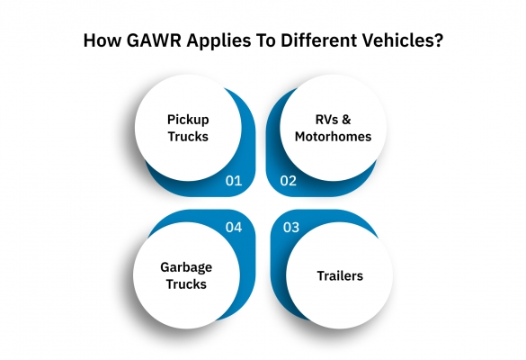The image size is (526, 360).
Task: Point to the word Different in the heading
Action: click(318, 40)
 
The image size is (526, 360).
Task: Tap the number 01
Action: click(234, 181)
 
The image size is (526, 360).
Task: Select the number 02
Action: click(289, 181)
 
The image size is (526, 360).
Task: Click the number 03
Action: click(290, 228)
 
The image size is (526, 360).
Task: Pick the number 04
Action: click(234, 228)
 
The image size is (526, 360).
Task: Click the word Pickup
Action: click(188, 121)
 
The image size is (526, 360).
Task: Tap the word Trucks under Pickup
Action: click(188, 136)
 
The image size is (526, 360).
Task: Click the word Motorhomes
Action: click(333, 136)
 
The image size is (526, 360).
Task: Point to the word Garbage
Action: click(186, 268)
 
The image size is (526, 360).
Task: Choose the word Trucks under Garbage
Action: click(186, 284)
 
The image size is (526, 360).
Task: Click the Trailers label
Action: click(340, 275)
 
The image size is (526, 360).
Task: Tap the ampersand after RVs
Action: click(346, 120)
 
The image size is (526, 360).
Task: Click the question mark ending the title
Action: click(439, 40)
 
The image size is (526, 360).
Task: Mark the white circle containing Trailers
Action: click(339, 275)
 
